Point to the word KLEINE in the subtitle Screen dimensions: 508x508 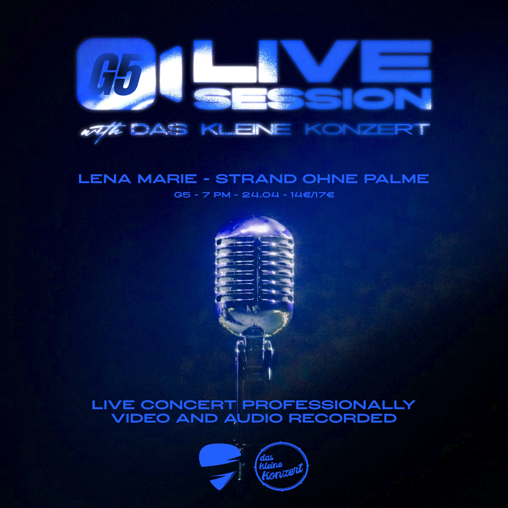pyautogui.click(x=246, y=129)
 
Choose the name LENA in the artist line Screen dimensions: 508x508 pyautogui.click(x=106, y=179)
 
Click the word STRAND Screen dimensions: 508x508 pyautogui.click(x=256, y=179)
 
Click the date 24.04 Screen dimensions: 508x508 pyautogui.click(x=261, y=195)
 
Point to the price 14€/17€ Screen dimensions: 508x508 pyautogui.click(x=312, y=195)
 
